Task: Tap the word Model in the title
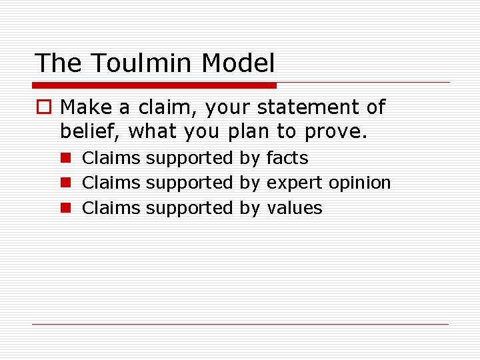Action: pos(238,63)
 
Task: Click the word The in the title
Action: pos(59,63)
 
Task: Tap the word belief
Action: pos(91,131)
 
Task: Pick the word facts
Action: pos(287,158)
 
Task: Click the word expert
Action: pos(295,183)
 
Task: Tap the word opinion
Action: pos(360,183)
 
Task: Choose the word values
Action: pos(294,208)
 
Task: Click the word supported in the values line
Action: pos(189,208)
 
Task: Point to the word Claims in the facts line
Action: pos(111,158)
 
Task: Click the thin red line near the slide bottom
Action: pos(240,325)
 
